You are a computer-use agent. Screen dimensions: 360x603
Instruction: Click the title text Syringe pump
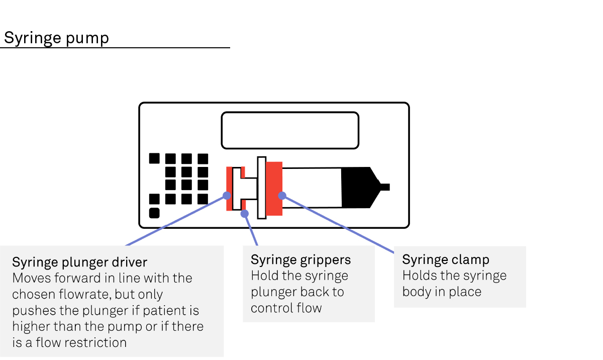click(56, 38)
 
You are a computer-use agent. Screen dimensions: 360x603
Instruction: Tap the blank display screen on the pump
click(290, 130)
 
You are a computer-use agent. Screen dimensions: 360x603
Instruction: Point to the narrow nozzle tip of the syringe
click(384, 188)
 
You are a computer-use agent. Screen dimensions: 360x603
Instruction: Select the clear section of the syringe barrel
click(312, 188)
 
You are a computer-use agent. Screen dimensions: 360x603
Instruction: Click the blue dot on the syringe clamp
click(282, 196)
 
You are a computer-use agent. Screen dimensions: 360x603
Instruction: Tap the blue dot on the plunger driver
click(227, 196)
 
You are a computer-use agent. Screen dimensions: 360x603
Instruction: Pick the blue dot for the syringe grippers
click(245, 214)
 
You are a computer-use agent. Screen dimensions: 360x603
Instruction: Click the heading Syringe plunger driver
click(79, 262)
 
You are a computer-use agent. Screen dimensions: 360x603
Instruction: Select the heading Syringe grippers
click(300, 260)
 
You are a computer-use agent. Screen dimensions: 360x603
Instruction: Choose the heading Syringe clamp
click(445, 260)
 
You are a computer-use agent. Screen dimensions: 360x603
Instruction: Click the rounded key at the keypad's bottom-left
click(154, 213)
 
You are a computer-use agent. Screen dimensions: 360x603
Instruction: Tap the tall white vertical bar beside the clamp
click(261, 188)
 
